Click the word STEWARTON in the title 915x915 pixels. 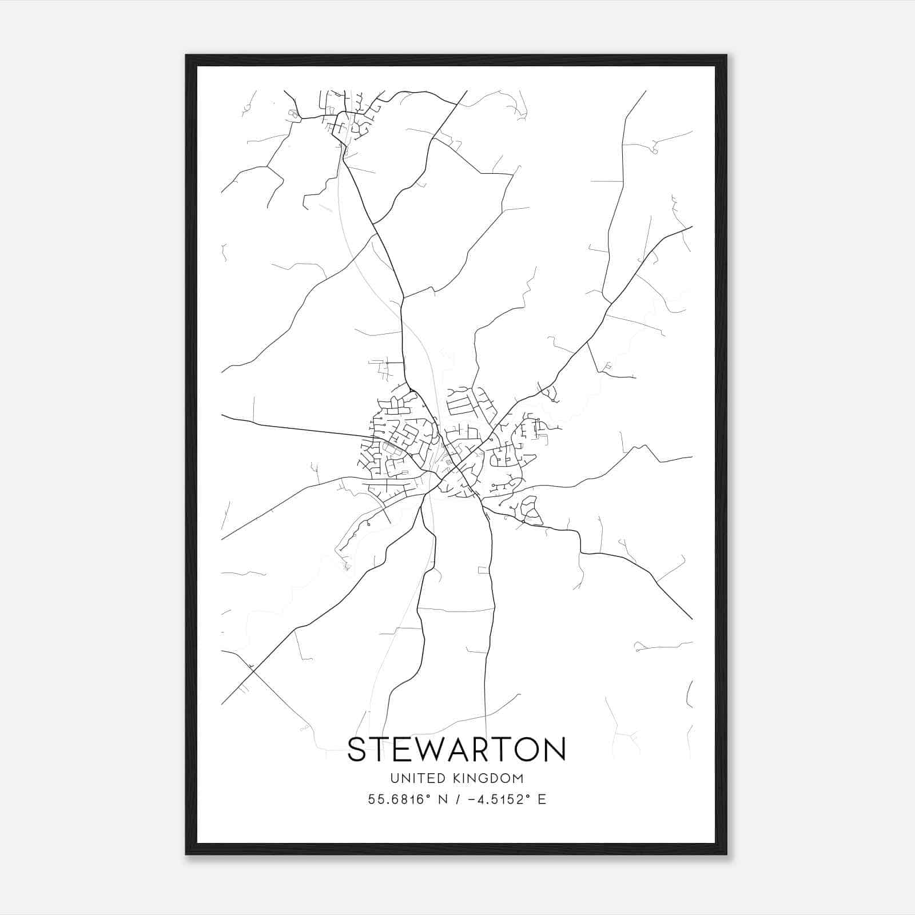[x=456, y=749]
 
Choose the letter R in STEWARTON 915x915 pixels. [x=478, y=749]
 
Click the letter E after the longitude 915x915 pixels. [x=542, y=799]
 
